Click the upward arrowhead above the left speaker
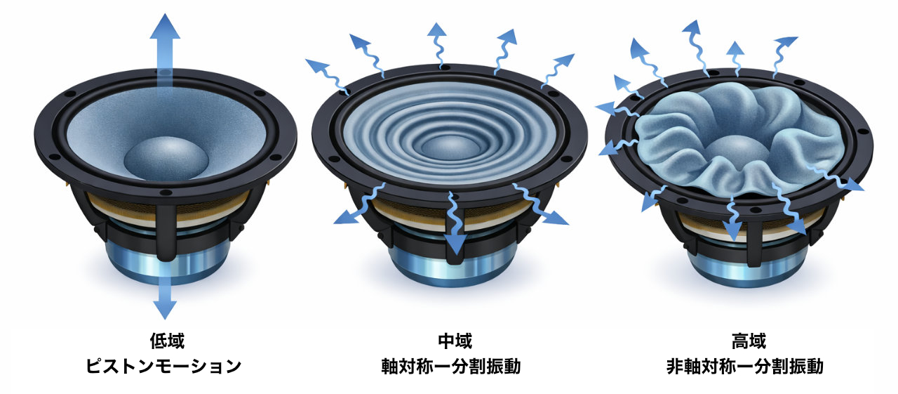165,27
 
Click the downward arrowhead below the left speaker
165,309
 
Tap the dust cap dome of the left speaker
166,158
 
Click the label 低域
167,341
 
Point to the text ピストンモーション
163,367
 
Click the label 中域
455,341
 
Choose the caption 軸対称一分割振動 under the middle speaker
451,367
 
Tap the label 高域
749,341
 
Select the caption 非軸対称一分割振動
745,367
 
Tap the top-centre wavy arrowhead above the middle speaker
436,30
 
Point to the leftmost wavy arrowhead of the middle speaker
316,64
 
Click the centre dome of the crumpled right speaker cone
737,148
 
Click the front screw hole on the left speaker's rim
163,192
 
